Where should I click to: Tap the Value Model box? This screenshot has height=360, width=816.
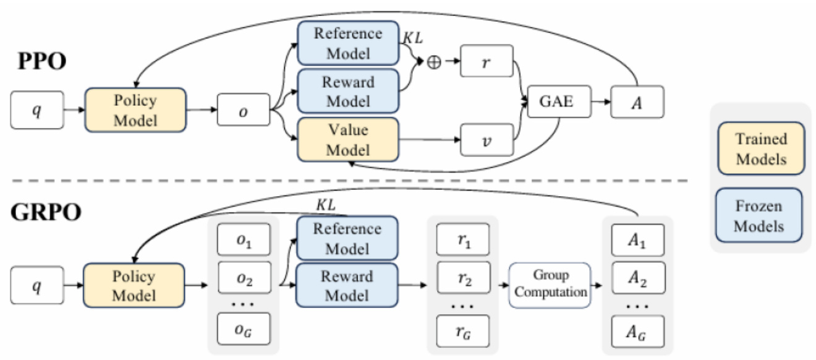click(348, 140)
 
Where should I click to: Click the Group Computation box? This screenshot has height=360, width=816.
click(550, 285)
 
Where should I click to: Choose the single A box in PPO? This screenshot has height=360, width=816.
click(637, 101)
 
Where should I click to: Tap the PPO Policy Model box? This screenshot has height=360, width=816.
click(135, 109)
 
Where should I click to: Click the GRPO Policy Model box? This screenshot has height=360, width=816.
click(135, 285)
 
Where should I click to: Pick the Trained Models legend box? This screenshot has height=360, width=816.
click(761, 149)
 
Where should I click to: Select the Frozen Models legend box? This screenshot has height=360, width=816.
click(761, 215)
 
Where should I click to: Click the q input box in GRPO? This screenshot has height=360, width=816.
click(36, 285)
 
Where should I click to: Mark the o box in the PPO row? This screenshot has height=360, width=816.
click(244, 109)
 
